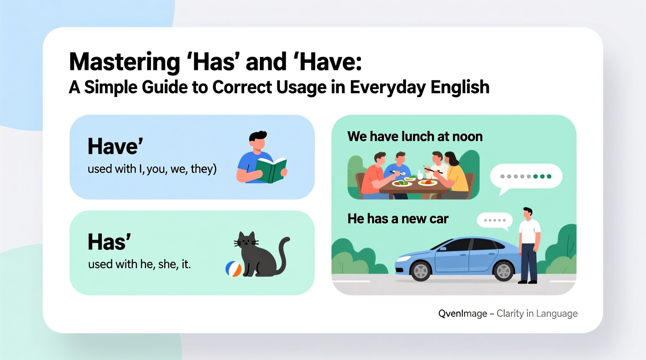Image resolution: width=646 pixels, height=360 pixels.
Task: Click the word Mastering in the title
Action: pyautogui.click(x=124, y=62)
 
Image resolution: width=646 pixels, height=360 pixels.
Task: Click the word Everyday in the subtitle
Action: pyautogui.click(x=388, y=87)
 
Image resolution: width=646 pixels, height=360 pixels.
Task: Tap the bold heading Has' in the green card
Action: pyautogui.click(x=109, y=242)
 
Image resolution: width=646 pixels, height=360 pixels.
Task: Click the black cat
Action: pyautogui.click(x=256, y=256)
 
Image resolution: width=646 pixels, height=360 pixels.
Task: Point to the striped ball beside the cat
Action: pyautogui.click(x=233, y=269)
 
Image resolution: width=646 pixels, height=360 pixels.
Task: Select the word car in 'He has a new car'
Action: pyautogui.click(x=439, y=219)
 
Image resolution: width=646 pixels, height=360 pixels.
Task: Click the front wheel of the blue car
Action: pyautogui.click(x=420, y=271)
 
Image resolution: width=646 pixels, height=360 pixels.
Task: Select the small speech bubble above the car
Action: pyautogui.click(x=495, y=220)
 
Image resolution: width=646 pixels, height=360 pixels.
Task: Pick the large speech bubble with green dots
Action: pyautogui.click(x=526, y=177)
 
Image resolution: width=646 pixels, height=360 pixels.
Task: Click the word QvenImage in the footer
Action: pyautogui.click(x=462, y=313)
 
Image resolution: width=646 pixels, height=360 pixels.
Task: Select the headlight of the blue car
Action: pyautogui.click(x=404, y=258)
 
